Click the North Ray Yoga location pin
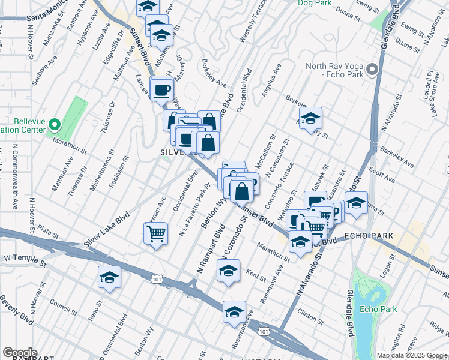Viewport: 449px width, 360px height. click(x=372, y=70)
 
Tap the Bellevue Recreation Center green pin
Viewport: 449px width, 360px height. click(x=54, y=125)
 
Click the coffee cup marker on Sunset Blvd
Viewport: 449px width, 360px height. click(x=162, y=90)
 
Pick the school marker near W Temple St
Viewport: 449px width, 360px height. click(x=109, y=277)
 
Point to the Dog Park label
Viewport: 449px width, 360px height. click(x=314, y=3)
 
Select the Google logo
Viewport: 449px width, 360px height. click(x=20, y=352)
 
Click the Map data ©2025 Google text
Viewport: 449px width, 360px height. click(x=411, y=355)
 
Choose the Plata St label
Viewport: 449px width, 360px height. click(x=46, y=229)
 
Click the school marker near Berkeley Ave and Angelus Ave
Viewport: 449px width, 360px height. click(x=310, y=118)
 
